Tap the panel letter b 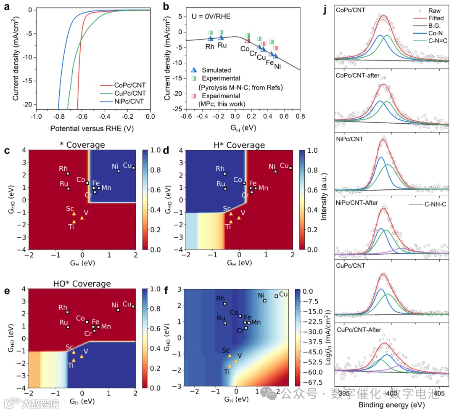coord(166,6)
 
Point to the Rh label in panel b coord(210,46)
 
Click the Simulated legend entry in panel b coord(216,70)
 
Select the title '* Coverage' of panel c coord(83,145)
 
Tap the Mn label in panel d coord(263,188)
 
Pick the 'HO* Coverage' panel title coord(83,284)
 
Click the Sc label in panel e coord(69,347)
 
